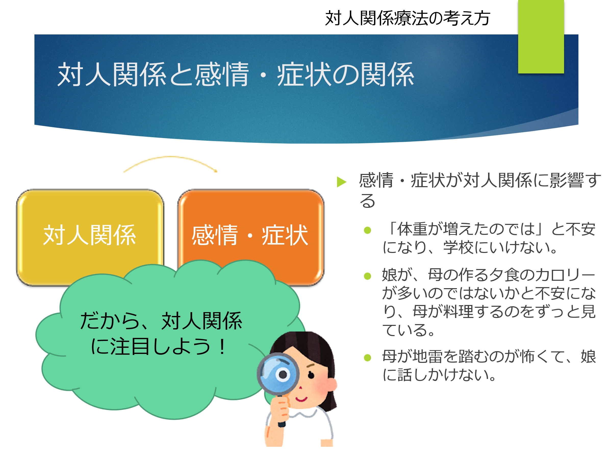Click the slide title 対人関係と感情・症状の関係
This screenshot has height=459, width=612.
pos(235,74)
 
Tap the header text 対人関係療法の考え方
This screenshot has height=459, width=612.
pos(407,18)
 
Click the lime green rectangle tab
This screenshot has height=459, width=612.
pos(541,36)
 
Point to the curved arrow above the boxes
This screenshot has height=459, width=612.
pos(170,157)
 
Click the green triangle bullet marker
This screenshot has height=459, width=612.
pos(341,182)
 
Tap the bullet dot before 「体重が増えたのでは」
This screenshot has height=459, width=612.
pos(367,230)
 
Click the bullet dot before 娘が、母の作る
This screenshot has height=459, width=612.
pos(367,276)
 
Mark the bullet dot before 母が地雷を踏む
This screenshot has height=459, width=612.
pos(367,358)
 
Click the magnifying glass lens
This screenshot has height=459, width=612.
pos(278,374)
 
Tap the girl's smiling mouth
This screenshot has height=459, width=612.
pos(301,399)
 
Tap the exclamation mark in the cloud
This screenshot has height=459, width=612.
pos(222,347)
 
